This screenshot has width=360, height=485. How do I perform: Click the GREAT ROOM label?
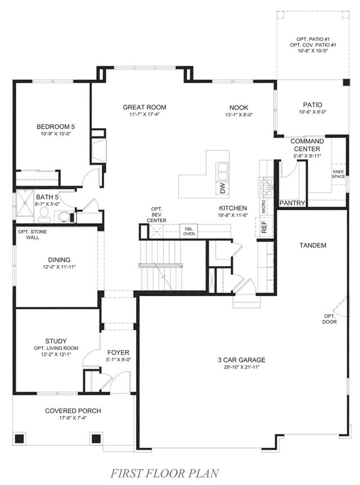(x=145, y=107)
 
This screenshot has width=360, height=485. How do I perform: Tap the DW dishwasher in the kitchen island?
(x=223, y=188)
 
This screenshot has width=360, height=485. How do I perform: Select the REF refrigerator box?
(x=264, y=227)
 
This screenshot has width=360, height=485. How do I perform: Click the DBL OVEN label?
(x=189, y=231)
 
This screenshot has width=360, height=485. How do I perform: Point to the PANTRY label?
(x=292, y=203)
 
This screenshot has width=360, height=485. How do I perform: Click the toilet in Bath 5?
(x=44, y=214)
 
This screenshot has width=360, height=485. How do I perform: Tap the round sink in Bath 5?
(x=64, y=216)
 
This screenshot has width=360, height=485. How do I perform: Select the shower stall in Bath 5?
(x=24, y=203)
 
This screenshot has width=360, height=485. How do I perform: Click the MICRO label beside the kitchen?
(x=263, y=206)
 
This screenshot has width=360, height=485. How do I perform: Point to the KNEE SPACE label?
(x=338, y=174)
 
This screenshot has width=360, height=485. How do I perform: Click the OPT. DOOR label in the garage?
(x=330, y=319)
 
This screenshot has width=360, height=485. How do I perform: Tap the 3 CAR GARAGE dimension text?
(x=241, y=367)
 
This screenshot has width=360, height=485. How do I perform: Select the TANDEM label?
(x=313, y=245)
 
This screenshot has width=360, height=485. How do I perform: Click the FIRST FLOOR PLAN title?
(x=165, y=473)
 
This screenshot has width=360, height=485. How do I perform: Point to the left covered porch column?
(x=20, y=438)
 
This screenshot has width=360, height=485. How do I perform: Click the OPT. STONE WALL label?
(x=33, y=234)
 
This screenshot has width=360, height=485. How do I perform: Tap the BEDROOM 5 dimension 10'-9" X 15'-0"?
(x=56, y=134)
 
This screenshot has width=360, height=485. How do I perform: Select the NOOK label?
(x=238, y=108)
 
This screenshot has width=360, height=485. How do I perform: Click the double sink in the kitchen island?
(x=223, y=171)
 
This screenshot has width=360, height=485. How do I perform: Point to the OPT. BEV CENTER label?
(x=156, y=215)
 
